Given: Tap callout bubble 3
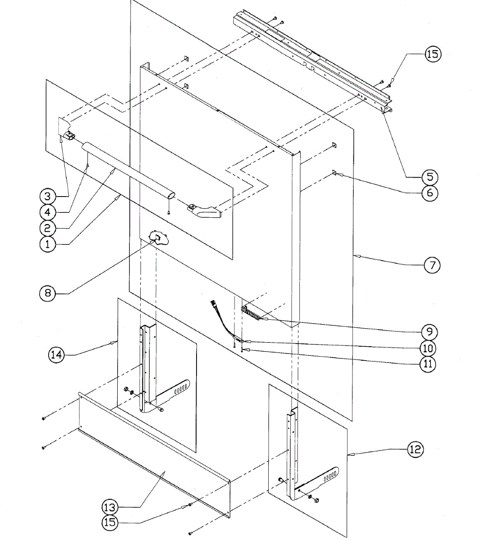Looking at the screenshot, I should click(x=47, y=196).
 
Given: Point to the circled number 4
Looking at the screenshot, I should click(x=47, y=211).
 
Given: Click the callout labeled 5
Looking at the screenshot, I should click(x=430, y=176).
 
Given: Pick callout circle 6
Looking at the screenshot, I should click(x=430, y=193).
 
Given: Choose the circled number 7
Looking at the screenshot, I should click(x=432, y=265).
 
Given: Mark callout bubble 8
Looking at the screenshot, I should click(x=47, y=293).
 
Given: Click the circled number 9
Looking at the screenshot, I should click(x=429, y=332).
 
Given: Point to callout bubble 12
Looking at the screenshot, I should click(x=416, y=449).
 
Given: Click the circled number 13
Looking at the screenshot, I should click(x=110, y=507).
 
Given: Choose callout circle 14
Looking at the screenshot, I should click(x=57, y=354).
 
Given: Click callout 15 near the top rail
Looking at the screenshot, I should click(x=432, y=54).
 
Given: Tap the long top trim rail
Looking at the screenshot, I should click(x=311, y=59).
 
